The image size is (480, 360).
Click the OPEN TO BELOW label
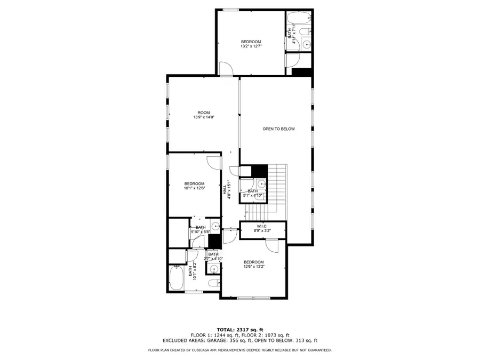click(x=278, y=129)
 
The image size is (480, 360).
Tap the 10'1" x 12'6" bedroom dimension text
click(x=194, y=188)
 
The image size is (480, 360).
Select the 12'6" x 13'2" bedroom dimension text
click(x=254, y=266)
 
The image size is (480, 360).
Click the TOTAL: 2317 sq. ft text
click(x=239, y=329)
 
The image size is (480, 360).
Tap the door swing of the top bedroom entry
click(x=226, y=68)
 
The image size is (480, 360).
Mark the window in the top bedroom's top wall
click(x=230, y=9)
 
